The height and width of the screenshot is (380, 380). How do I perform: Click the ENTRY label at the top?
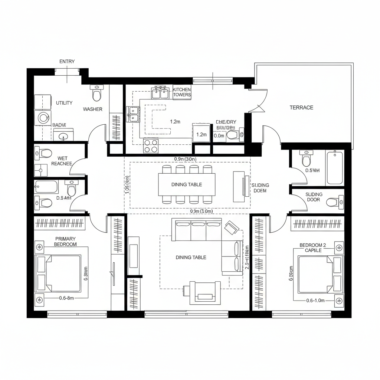(x=67, y=62)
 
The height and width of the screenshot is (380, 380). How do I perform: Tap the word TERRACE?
(x=301, y=108)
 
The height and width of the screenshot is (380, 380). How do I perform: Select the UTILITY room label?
(x=64, y=103)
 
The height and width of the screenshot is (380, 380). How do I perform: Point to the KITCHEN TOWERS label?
(x=182, y=92)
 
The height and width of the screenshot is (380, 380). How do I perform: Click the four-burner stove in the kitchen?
(x=151, y=145)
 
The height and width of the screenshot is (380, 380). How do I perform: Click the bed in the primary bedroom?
(x=58, y=273)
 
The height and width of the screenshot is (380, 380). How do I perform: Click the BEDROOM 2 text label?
(x=313, y=248)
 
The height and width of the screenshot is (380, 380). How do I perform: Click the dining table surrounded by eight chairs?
(x=187, y=184)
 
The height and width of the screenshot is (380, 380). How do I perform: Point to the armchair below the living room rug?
(x=202, y=292)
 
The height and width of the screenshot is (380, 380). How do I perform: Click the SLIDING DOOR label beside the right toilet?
(x=314, y=197)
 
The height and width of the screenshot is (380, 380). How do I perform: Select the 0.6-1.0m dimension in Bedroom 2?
(x=315, y=301)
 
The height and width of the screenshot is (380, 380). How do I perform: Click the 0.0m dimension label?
(x=219, y=136)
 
